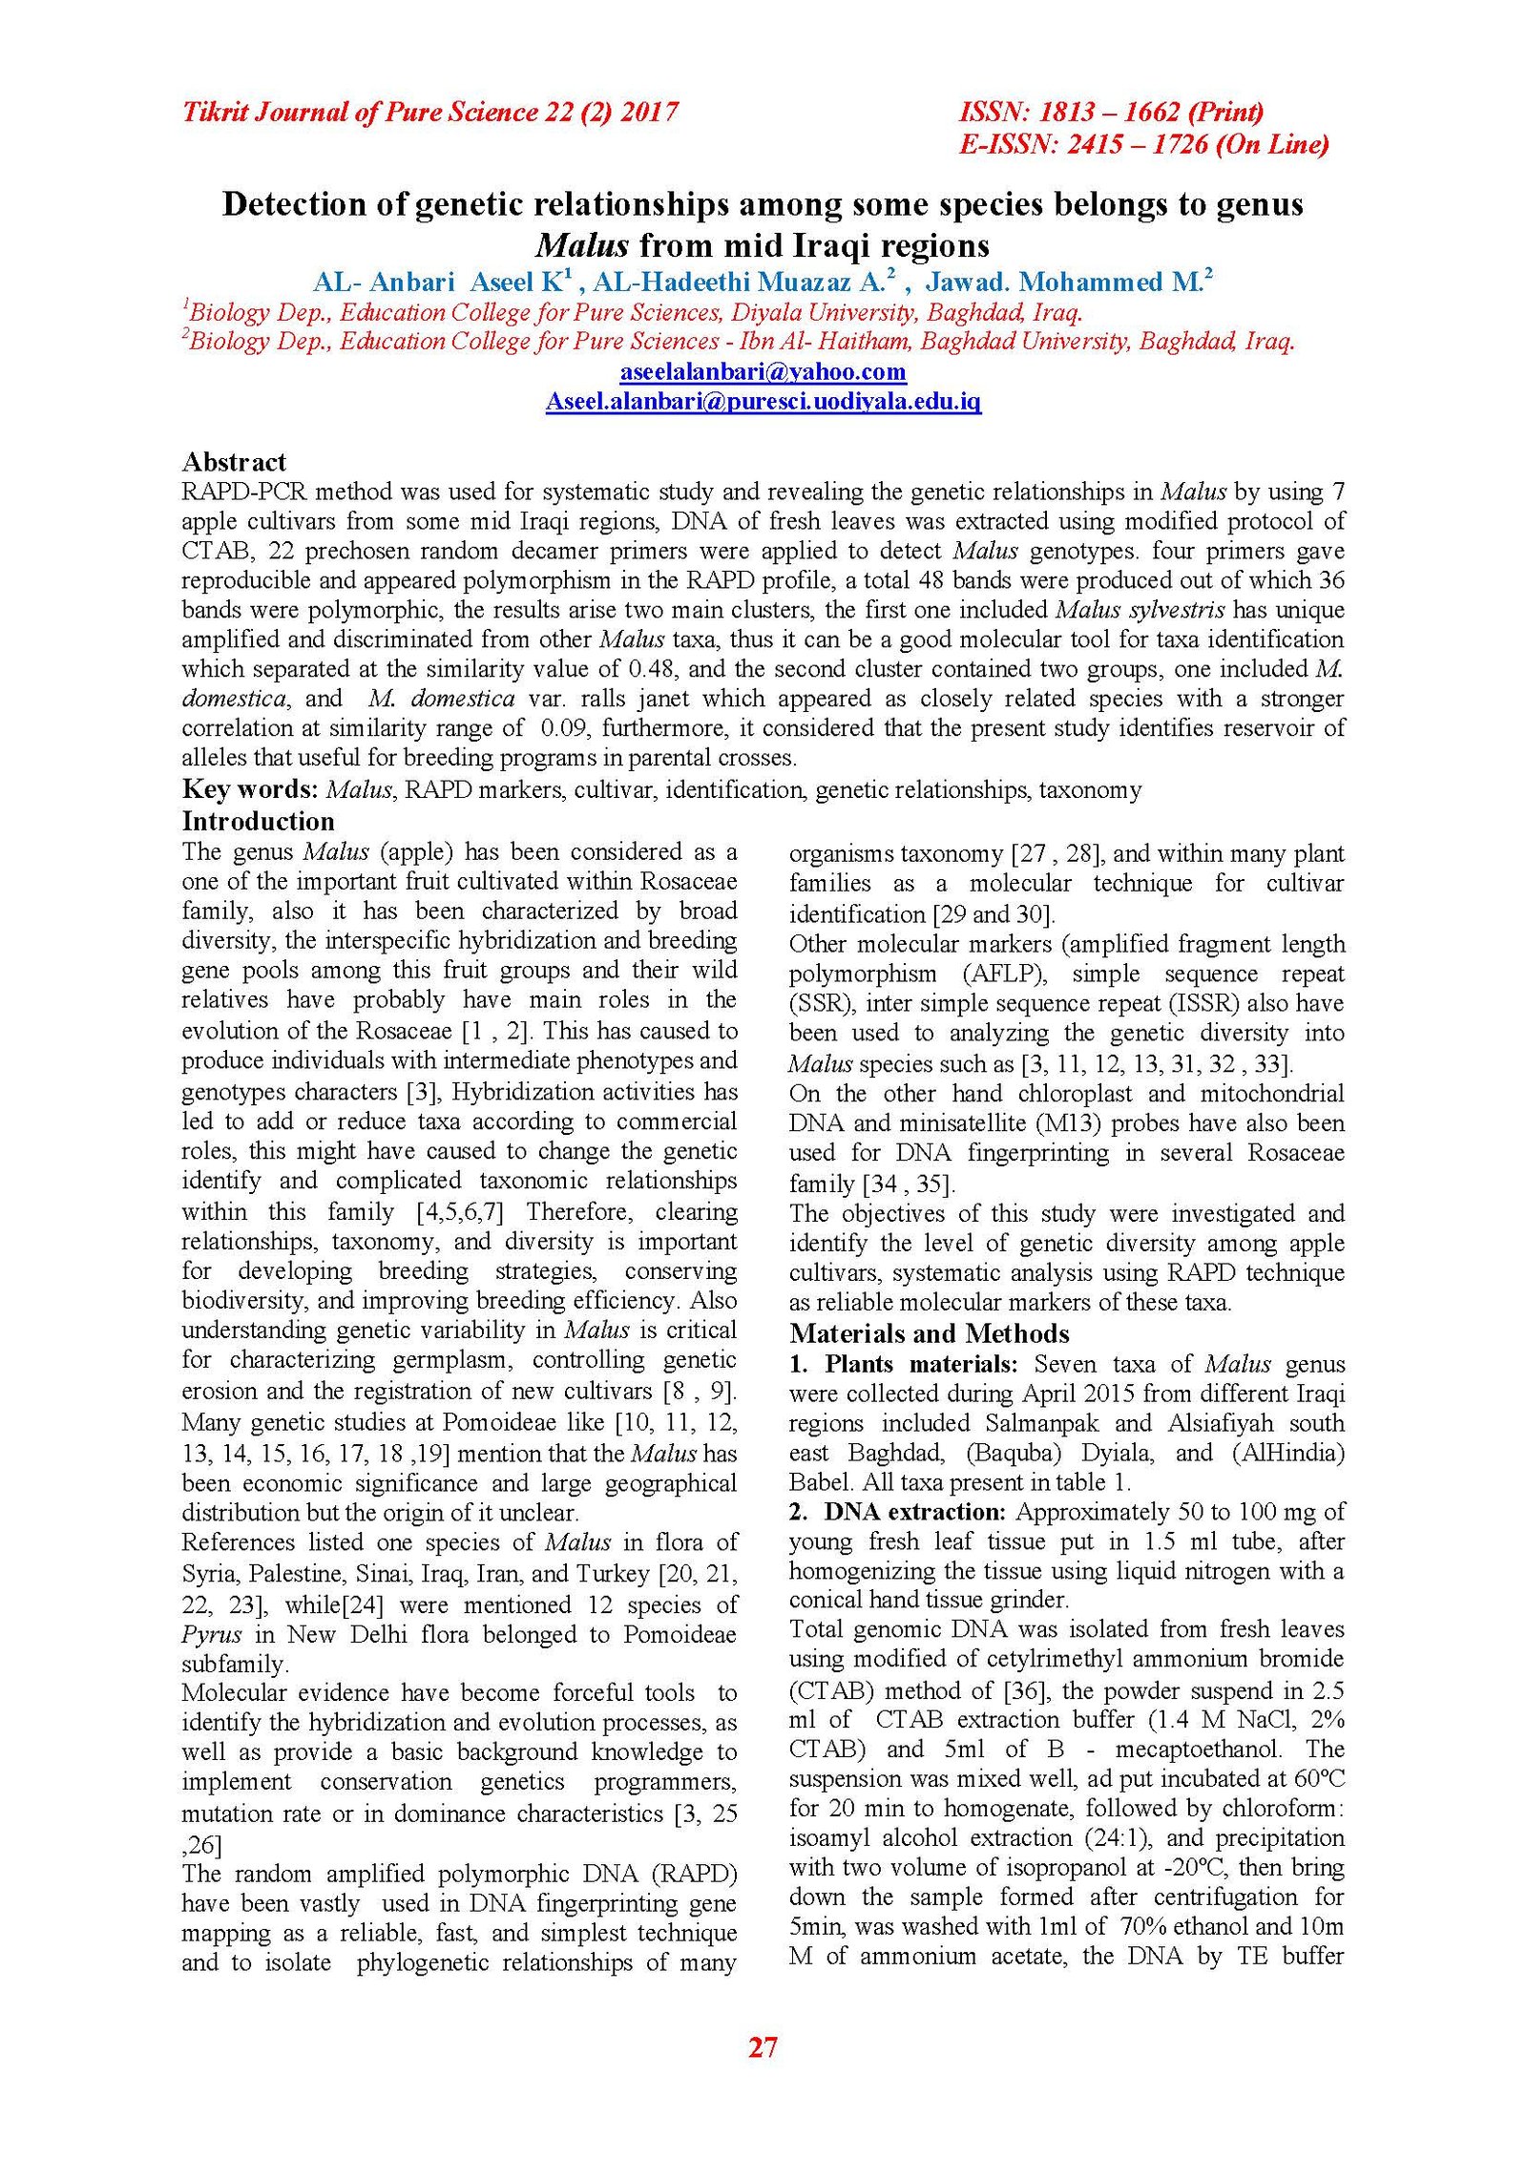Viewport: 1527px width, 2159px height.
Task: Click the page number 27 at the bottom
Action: (763, 2046)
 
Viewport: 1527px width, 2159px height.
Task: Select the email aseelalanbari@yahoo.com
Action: (763, 371)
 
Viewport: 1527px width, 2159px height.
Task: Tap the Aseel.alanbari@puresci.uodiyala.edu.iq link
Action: (763, 401)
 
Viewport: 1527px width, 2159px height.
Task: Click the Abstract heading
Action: (234, 462)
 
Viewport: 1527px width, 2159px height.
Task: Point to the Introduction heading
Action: (258, 821)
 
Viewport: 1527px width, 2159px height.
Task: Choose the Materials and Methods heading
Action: (929, 1333)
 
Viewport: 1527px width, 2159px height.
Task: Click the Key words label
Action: (250, 789)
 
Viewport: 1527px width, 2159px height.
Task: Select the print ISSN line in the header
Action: (1111, 112)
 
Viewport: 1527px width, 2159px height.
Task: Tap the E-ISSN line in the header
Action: (1143, 144)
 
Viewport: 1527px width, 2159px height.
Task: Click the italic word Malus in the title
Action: (582, 245)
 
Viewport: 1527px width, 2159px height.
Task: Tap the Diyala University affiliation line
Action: (633, 312)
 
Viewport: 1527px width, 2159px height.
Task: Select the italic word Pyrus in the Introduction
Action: (212, 1634)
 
